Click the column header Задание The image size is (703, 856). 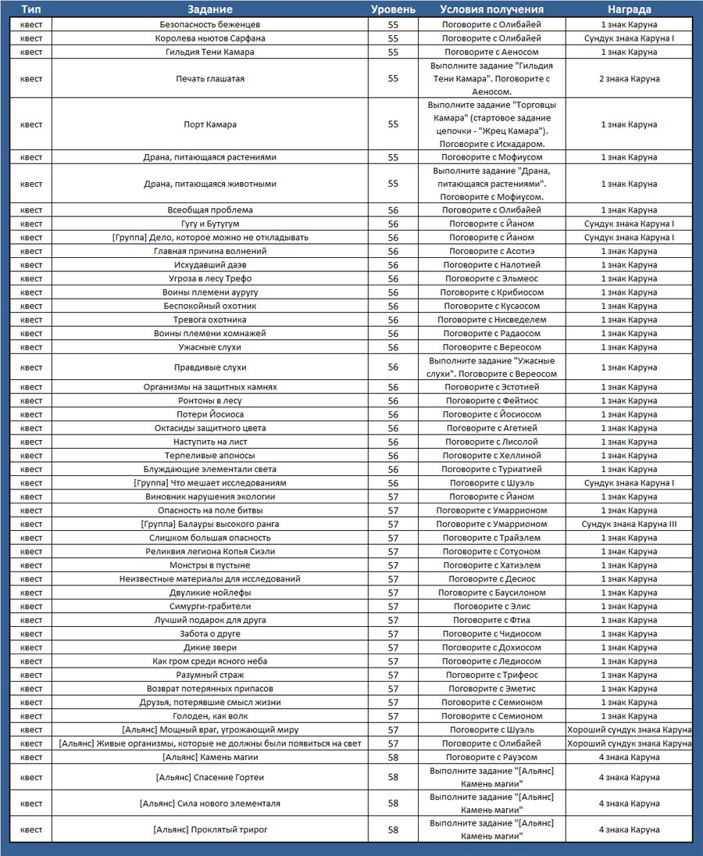(210, 9)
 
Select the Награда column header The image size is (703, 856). (630, 9)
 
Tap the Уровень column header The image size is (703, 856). (393, 9)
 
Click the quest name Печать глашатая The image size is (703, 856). (210, 78)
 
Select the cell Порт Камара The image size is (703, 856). (210, 124)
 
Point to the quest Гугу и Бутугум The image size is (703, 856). (210, 224)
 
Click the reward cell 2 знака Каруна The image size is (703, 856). (630, 78)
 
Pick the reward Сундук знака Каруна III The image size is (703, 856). (630, 524)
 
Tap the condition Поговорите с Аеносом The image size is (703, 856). (491, 52)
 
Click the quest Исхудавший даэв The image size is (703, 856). (210, 265)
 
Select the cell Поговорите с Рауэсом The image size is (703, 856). (491, 757)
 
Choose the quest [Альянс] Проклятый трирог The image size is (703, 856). (210, 829)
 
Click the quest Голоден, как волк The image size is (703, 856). (210, 716)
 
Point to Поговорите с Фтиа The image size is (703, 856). (491, 620)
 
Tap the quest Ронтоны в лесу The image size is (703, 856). (210, 400)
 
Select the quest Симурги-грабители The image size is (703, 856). (210, 606)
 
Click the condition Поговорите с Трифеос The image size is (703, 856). (491, 675)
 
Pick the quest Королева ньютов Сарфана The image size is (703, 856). (210, 38)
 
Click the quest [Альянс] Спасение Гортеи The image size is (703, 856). (210, 777)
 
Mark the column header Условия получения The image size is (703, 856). (491, 9)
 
